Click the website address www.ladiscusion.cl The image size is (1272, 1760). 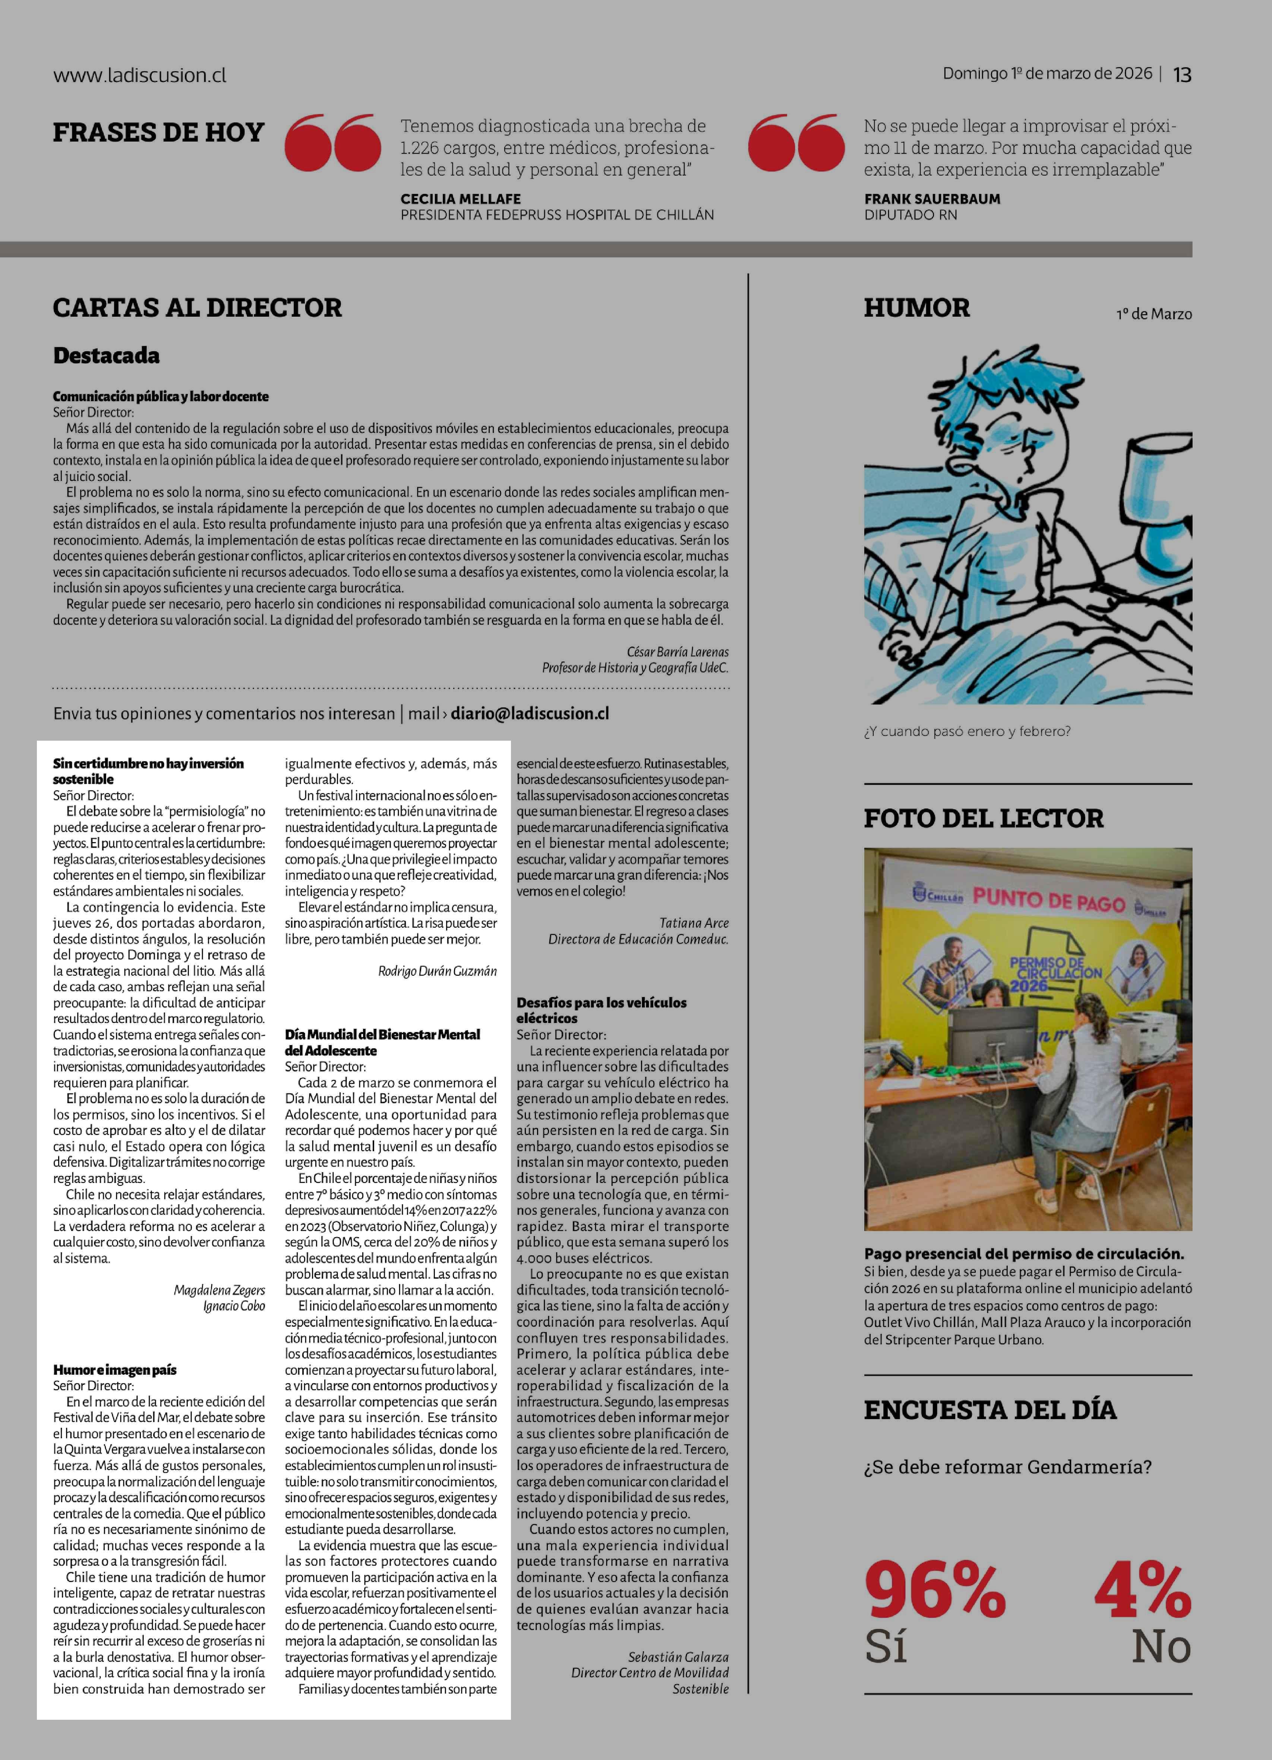[140, 75]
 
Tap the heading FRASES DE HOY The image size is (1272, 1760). [158, 133]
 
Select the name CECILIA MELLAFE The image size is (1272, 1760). [460, 199]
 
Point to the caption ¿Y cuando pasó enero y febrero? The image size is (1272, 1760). [967, 731]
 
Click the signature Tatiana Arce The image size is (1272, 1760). [694, 923]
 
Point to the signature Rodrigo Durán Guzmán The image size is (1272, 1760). [437, 971]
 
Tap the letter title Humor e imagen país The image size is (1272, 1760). [115, 1370]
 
